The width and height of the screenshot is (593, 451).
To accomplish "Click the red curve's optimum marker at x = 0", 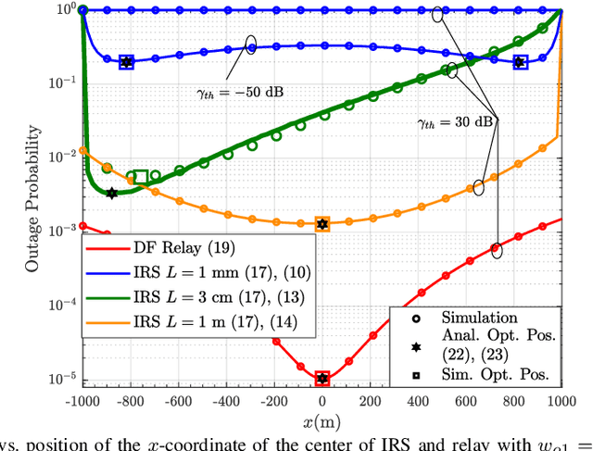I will pos(322,378).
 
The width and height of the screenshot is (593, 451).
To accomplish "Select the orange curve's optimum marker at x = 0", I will pos(322,224).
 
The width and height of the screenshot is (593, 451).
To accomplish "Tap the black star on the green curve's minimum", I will pos(112,194).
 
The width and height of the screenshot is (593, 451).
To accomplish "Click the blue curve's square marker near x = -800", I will pos(127,62).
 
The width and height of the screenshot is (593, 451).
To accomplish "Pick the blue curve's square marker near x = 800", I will pos(520,62).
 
